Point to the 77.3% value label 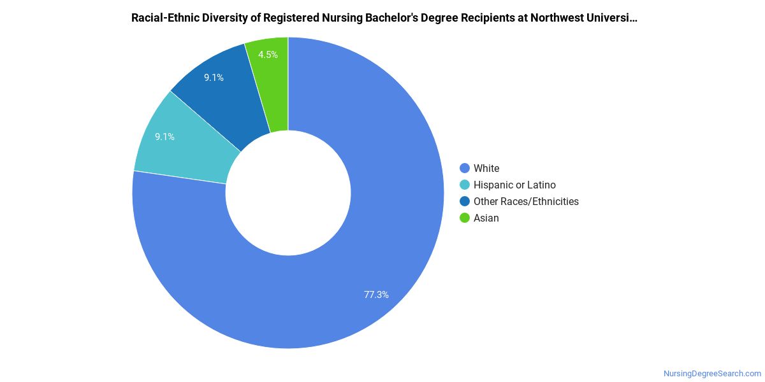click(x=376, y=295)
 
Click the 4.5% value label click(x=268, y=55)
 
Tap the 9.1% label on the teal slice click(x=164, y=136)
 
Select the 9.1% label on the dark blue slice click(x=214, y=78)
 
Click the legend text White click(x=486, y=168)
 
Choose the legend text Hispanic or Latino click(x=514, y=185)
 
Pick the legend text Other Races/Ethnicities click(x=526, y=201)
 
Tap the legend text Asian click(x=486, y=218)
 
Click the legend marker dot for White click(x=465, y=168)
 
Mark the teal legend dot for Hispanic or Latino click(x=465, y=185)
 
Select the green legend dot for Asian click(x=465, y=218)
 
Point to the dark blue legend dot click(x=465, y=201)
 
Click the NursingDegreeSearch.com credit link click(x=712, y=374)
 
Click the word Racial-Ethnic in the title click(x=163, y=18)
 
